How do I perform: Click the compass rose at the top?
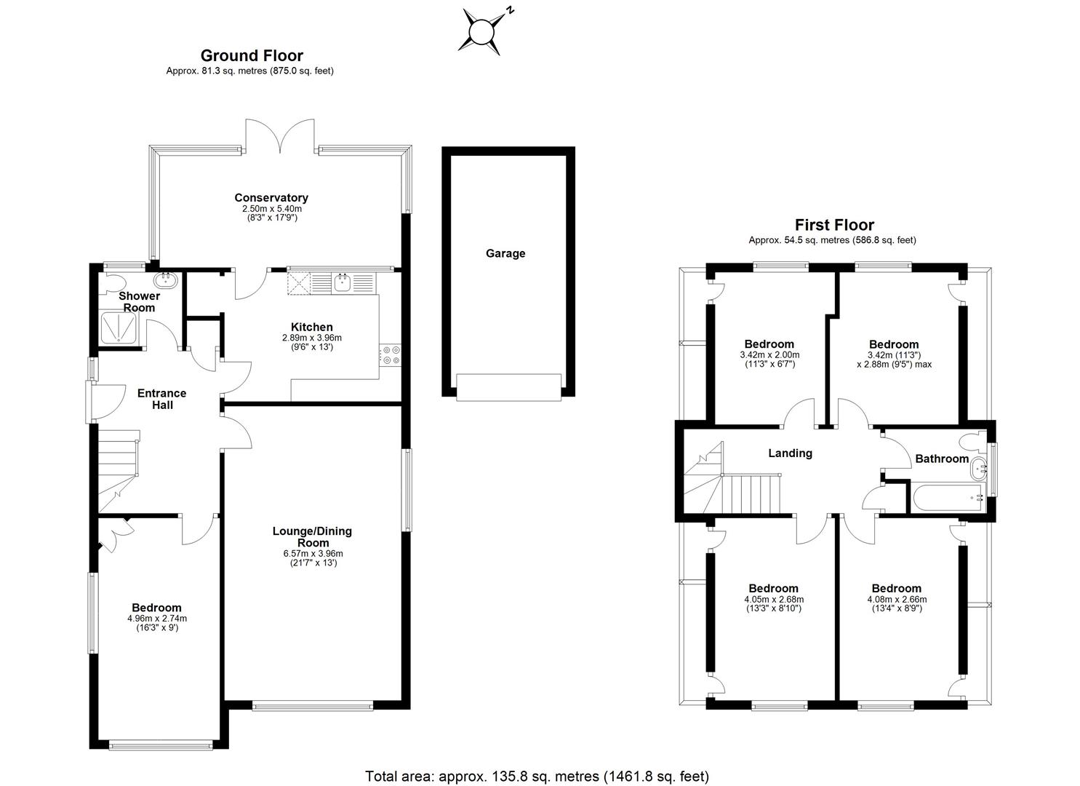482,32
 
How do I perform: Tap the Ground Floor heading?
252,56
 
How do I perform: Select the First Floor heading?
833,225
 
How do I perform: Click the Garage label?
505,254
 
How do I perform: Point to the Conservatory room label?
271,198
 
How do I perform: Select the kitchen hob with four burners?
390,355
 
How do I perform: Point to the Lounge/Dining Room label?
312,536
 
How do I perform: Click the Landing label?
790,453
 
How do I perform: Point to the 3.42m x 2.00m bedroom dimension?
769,355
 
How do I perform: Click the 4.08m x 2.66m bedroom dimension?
896,599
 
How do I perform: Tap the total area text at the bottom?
537,776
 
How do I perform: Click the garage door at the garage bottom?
508,386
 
